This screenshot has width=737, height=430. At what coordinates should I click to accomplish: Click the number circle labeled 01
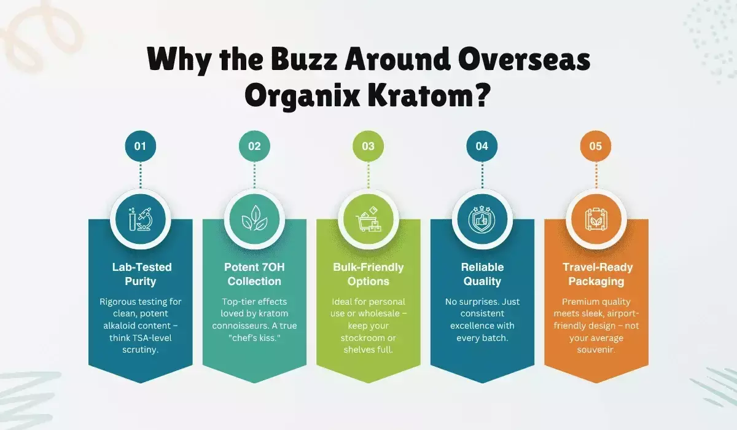tap(140, 146)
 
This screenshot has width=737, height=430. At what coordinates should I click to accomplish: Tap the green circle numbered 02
tap(254, 146)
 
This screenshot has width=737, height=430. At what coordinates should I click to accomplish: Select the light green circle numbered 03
tap(368, 146)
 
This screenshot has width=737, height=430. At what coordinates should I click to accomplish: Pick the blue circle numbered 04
tap(482, 146)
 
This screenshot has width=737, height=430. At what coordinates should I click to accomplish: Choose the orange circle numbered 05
tap(596, 146)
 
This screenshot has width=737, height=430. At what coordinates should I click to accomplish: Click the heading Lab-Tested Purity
tap(141, 275)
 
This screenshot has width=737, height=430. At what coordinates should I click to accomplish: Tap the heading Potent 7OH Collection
tap(254, 275)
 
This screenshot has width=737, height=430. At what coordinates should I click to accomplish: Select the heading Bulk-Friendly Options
tap(368, 275)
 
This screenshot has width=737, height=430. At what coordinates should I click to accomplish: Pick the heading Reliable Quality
tap(482, 275)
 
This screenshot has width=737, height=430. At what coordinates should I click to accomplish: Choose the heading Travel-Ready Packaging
tap(596, 275)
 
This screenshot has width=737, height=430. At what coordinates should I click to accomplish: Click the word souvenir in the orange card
tap(596, 350)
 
